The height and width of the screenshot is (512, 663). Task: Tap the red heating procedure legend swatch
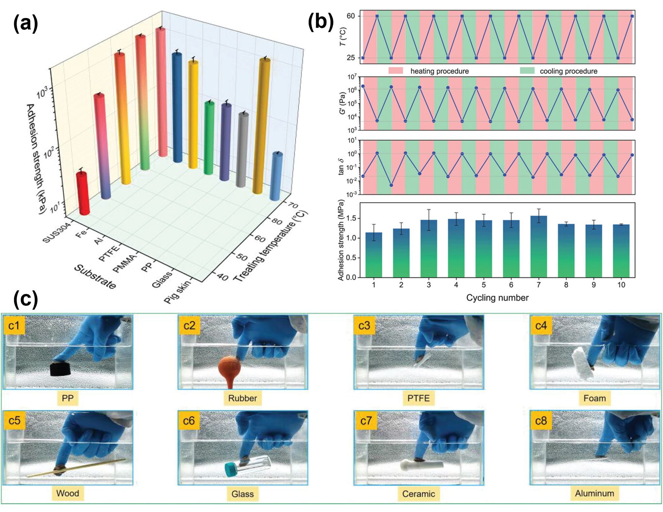[x=396, y=71]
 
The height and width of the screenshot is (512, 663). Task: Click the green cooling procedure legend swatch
[x=527, y=71]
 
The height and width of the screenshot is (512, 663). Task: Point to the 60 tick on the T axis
[x=350, y=16]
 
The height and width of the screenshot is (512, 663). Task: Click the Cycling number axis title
[x=497, y=298]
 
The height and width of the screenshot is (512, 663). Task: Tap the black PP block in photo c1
[x=61, y=369]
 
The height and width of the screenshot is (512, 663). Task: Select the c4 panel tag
[x=541, y=325]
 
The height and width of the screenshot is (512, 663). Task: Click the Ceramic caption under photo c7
[x=418, y=494]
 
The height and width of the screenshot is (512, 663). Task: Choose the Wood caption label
[x=67, y=493]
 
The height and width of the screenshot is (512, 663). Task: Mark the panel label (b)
[x=321, y=22]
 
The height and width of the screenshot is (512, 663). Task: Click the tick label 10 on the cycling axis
[x=621, y=285]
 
